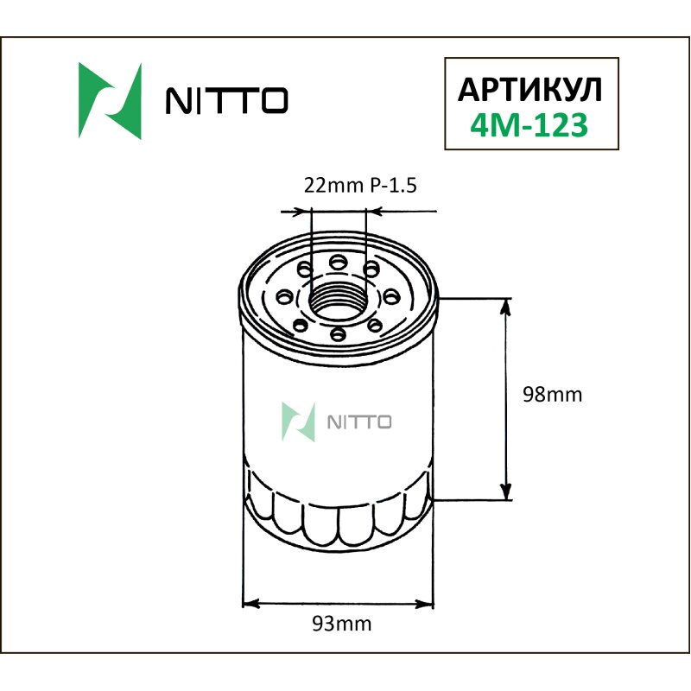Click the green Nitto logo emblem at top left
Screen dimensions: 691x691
point(110,101)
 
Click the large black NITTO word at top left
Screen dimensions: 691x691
point(226,102)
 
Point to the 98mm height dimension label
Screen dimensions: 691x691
point(553,396)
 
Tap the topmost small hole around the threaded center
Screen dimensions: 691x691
point(338,259)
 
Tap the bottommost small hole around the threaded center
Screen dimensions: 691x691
point(338,333)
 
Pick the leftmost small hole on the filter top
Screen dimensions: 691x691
point(283,296)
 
